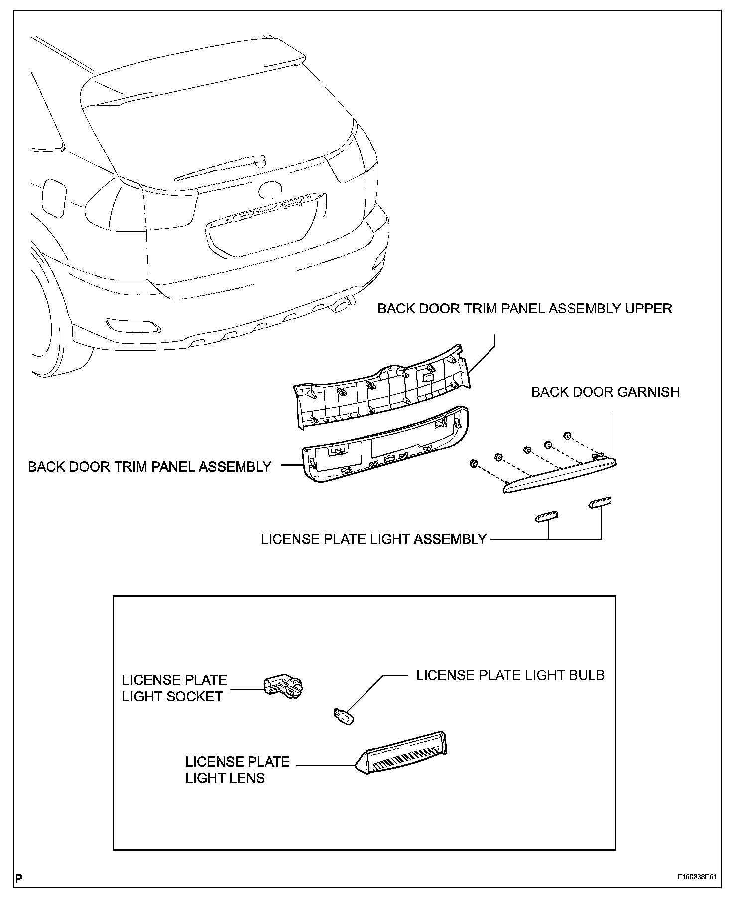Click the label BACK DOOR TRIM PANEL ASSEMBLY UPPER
[524, 309]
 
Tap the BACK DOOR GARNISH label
[605, 392]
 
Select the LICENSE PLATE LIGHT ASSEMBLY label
[373, 539]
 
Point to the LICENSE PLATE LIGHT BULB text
[510, 675]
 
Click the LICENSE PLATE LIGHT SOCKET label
[174, 688]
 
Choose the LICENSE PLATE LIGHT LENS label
[237, 770]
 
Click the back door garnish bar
[560, 476]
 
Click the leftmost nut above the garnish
[473, 464]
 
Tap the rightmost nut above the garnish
[567, 436]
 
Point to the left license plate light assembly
[546, 517]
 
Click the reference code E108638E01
[696, 877]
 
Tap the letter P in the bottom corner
[19, 878]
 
